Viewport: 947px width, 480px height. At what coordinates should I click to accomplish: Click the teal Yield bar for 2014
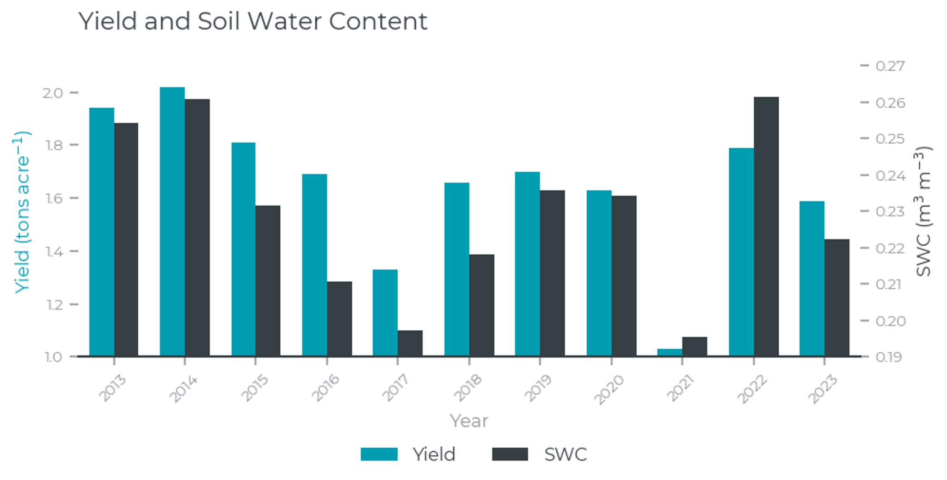pos(172,222)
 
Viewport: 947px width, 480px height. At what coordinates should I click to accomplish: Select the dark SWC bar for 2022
pos(766,227)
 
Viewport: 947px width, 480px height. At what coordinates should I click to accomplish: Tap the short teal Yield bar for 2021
pos(670,352)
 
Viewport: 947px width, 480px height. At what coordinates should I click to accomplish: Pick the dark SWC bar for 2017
pos(410,343)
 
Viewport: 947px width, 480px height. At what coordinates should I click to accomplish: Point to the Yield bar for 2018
pos(457,269)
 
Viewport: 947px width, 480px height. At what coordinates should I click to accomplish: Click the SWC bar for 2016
pos(339,319)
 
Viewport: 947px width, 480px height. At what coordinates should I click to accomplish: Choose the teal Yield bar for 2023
pos(812,278)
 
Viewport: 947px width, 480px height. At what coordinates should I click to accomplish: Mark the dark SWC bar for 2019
pos(552,273)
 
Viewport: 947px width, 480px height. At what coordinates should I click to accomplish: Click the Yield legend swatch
pos(379,454)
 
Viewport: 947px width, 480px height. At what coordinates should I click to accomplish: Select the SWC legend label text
pos(566,455)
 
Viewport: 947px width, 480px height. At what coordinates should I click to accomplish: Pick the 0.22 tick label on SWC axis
pos(890,248)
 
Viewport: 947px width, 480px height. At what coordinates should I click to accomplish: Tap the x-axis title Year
pos(469,421)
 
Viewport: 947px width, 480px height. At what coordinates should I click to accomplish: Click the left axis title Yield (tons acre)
pos(22,212)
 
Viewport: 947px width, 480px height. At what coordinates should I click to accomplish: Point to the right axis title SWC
pos(923,212)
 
